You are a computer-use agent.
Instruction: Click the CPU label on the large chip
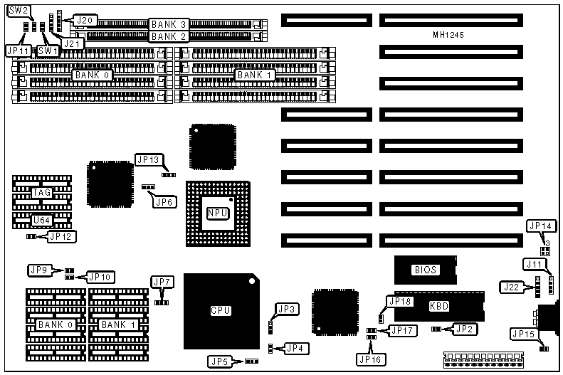click(220, 310)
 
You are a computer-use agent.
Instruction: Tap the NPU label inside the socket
click(217, 213)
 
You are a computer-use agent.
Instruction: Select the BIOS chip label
click(425, 270)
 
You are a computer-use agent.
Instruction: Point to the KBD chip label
click(439, 306)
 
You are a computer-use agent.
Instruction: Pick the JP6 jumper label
click(164, 201)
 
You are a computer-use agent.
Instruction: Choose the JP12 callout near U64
click(63, 236)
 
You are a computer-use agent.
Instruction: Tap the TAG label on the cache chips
click(42, 192)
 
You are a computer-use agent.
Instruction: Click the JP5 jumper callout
click(219, 361)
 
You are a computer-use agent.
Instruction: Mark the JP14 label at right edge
click(540, 226)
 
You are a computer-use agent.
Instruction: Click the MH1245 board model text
click(449, 35)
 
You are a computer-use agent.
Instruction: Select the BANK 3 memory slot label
click(169, 24)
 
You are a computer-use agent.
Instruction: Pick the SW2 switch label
click(19, 11)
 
